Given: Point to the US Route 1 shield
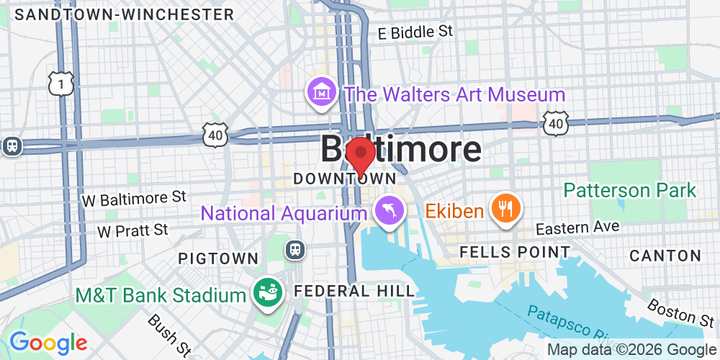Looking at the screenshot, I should (x=61, y=84).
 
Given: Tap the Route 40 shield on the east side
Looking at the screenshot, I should (x=555, y=124).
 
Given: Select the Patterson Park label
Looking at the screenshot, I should (x=630, y=190).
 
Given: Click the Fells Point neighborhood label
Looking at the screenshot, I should (x=516, y=253).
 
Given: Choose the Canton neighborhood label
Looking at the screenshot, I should (x=665, y=256).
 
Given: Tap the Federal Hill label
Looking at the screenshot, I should (x=355, y=291).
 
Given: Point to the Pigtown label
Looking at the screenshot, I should (x=218, y=258).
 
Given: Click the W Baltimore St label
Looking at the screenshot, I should (x=135, y=197).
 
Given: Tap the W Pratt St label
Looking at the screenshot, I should (x=132, y=230).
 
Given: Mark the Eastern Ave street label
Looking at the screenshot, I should (x=578, y=228).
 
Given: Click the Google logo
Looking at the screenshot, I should (x=48, y=343).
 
